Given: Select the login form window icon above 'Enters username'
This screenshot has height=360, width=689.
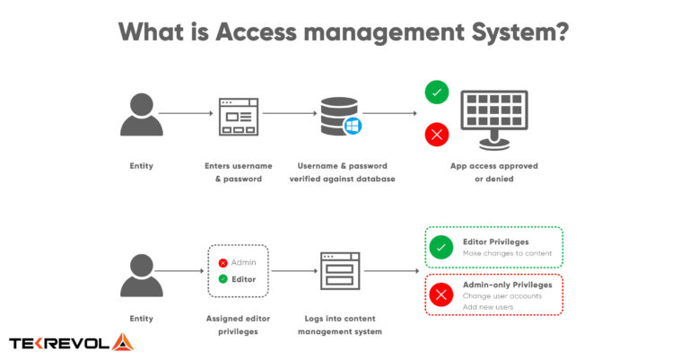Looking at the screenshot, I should click(x=238, y=116).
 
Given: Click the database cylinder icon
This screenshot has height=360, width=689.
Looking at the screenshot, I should click(x=336, y=115).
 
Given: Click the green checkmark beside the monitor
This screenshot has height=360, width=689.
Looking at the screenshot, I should click(x=437, y=92).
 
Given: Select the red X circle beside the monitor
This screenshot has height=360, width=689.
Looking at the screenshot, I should click(x=437, y=135).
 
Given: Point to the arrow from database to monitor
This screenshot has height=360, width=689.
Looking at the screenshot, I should click(x=390, y=114).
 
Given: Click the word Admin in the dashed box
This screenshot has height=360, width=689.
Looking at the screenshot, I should click(x=243, y=262).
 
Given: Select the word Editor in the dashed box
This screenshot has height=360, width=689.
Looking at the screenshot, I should click(x=243, y=279).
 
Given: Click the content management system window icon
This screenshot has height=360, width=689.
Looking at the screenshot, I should click(x=340, y=270).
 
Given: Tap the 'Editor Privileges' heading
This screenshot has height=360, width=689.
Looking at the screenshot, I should click(x=497, y=241).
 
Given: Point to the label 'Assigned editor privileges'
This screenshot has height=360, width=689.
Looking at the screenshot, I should click(x=238, y=325).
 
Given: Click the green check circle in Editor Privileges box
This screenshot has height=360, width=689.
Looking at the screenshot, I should click(x=440, y=248).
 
